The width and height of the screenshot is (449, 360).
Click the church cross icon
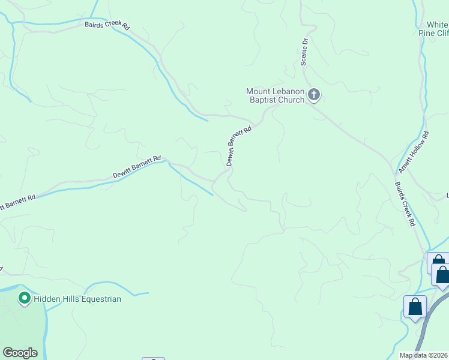(x=313, y=95)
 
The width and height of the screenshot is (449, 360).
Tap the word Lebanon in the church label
(x=286, y=91)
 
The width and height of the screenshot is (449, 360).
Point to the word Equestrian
(x=99, y=299)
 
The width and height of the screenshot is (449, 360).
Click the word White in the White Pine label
(x=437, y=25)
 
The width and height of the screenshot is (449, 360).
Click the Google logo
(x=20, y=353)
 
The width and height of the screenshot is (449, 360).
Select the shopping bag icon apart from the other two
(x=415, y=308)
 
